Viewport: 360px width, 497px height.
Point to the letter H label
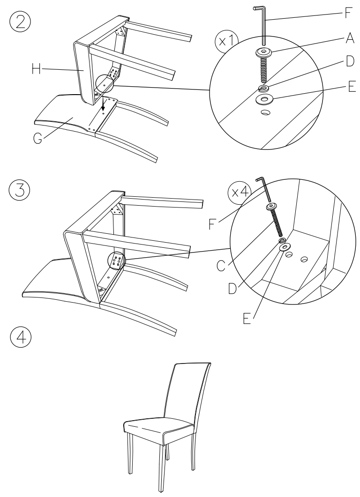[35, 70]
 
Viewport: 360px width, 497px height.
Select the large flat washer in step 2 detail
[265, 99]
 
